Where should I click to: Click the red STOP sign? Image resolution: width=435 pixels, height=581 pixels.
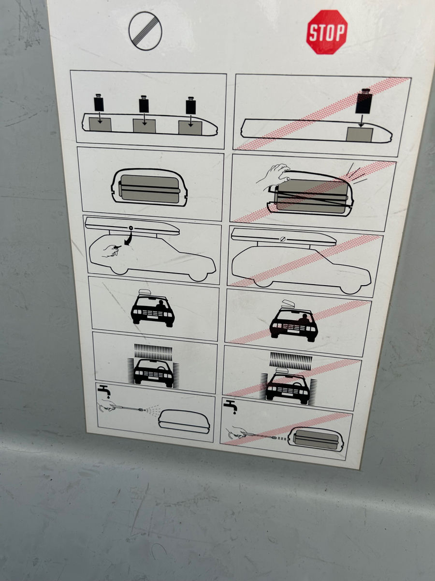(327, 32)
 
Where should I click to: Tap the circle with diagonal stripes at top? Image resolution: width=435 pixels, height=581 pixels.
(145, 31)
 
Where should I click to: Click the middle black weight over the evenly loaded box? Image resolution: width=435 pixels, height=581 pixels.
(144, 104)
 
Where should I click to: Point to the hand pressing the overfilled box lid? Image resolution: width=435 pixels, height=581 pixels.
(274, 177)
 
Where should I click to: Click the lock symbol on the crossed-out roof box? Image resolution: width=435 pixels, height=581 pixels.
(283, 239)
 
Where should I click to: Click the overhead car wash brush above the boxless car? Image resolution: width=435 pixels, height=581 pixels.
(153, 351)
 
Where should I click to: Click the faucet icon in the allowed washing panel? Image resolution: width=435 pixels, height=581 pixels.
(104, 392)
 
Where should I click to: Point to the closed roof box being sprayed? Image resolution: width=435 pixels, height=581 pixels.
(184, 422)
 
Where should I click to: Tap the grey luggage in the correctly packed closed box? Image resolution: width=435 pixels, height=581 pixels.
(149, 188)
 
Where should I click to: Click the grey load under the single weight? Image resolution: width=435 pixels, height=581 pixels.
(360, 135)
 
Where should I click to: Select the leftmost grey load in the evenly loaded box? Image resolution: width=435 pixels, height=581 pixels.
(100, 124)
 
